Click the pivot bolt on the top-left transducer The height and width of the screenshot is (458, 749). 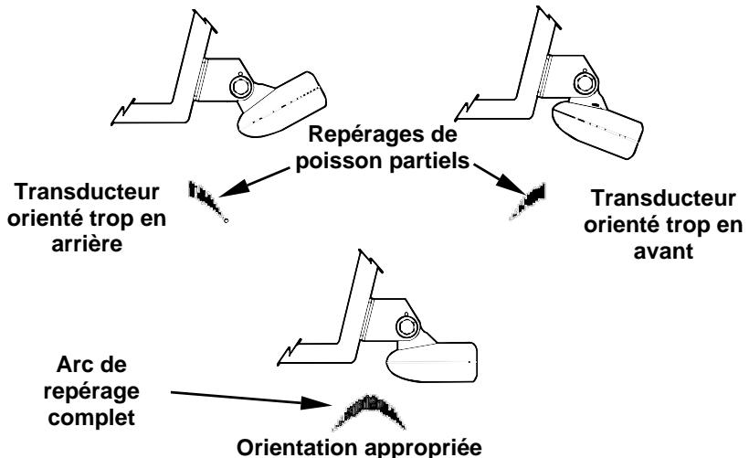pyautogui.click(x=239, y=87)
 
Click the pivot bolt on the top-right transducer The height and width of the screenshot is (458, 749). pyautogui.click(x=584, y=83)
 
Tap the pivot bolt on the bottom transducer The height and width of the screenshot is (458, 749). pyautogui.click(x=407, y=327)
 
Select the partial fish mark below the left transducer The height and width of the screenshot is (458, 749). pyautogui.click(x=207, y=201)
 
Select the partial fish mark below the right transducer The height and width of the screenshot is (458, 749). pyautogui.click(x=528, y=200)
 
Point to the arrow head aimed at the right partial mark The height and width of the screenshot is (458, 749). pyautogui.click(x=511, y=184)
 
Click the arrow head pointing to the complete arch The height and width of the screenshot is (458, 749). pyautogui.click(x=316, y=403)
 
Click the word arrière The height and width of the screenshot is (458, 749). pyautogui.click(x=87, y=243)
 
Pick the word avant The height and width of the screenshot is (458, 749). pyautogui.click(x=663, y=251)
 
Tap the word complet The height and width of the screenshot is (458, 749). pyautogui.click(x=91, y=418)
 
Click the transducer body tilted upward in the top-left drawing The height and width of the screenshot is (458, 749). pyautogui.click(x=281, y=105)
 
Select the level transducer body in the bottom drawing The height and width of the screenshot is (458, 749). pyautogui.click(x=432, y=362)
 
